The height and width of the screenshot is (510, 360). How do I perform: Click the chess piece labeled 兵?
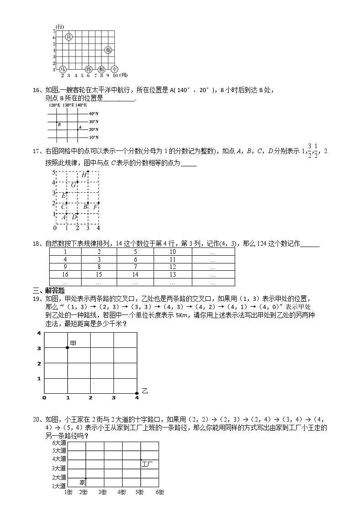(x=68, y=37)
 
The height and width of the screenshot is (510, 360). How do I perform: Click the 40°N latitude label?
(x=93, y=113)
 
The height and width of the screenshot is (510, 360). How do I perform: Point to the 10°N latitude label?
(x=93, y=137)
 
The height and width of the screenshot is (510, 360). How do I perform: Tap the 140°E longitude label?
(x=81, y=105)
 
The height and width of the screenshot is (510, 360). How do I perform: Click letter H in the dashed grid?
(x=84, y=175)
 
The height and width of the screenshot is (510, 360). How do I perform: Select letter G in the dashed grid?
(x=73, y=185)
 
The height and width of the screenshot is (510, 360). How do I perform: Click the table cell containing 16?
(x=65, y=274)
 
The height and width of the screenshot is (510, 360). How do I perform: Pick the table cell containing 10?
(x=173, y=252)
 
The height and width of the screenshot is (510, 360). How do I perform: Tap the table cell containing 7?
(x=135, y=267)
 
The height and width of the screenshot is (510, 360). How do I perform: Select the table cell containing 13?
(x=173, y=274)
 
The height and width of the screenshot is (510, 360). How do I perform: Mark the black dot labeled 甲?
(x=67, y=348)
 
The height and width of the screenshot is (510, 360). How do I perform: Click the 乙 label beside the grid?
(x=144, y=391)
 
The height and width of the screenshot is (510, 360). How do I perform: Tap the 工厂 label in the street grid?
(x=147, y=464)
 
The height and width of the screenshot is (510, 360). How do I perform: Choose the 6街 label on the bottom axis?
(x=160, y=492)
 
